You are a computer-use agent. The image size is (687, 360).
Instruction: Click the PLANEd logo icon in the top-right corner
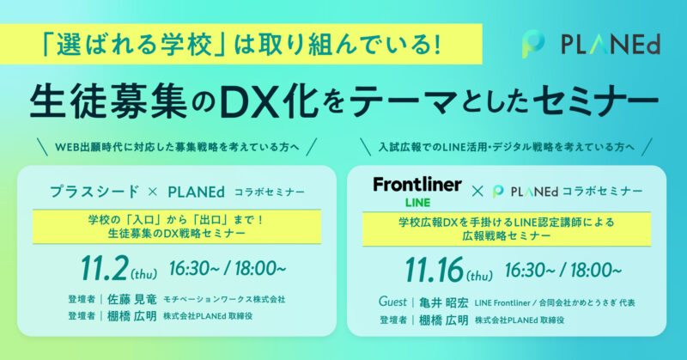pos(533,45)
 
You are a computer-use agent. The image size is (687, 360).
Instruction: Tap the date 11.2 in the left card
pos(104,268)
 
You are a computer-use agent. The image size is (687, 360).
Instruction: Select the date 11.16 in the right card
pos(434,270)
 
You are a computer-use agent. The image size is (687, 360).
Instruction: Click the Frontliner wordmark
pos(417,185)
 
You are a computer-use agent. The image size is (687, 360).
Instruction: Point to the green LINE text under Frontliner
pos(417,203)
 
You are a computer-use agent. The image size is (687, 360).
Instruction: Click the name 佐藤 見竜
pos(132,300)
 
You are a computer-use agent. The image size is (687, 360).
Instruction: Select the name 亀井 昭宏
pos(443,303)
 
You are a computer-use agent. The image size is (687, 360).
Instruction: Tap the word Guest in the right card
pos(392,302)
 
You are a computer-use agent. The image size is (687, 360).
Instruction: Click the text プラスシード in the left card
pos(94,192)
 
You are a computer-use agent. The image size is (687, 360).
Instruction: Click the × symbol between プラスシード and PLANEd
pos(153,192)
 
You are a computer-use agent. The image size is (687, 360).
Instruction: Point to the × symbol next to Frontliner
pos(477,192)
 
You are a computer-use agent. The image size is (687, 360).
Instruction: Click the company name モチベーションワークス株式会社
pos(224,300)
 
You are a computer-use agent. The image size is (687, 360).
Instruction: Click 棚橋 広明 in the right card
pos(443,320)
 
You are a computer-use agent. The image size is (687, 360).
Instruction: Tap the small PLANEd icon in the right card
pos(498,192)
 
